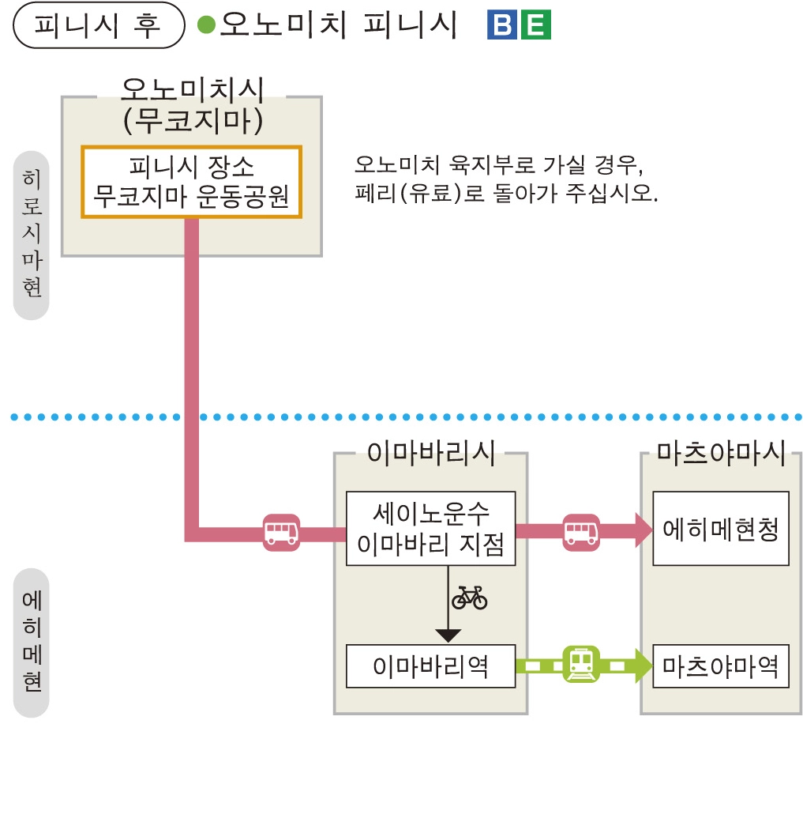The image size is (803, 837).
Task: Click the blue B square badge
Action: click(x=502, y=26)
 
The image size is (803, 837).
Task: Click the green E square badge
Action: click(x=536, y=26)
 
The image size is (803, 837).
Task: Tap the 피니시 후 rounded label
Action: click(x=98, y=26)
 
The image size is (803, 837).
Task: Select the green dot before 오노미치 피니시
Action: click(x=206, y=26)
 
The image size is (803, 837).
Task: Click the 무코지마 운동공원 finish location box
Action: click(x=192, y=182)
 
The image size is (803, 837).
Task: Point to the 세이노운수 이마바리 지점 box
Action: click(x=430, y=528)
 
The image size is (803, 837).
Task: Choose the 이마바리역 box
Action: click(x=430, y=666)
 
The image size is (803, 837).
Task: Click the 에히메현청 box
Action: click(x=720, y=528)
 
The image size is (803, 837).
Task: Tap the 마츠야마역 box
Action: click(x=720, y=666)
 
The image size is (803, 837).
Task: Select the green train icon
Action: click(x=581, y=665)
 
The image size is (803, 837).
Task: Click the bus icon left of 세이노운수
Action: click(x=281, y=531)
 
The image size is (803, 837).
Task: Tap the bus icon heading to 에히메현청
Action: click(x=581, y=531)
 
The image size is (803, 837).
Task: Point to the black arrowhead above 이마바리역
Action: click(x=448, y=634)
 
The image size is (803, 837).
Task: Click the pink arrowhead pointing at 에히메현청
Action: click(x=643, y=530)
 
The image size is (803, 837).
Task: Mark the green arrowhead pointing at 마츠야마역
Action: click(x=642, y=665)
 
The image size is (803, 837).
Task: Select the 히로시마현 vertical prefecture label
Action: click(x=32, y=232)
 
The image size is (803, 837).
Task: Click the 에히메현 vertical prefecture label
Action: click(x=32, y=642)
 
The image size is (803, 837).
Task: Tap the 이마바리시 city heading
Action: click(x=430, y=454)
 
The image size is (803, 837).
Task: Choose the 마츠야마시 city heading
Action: click(x=722, y=454)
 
